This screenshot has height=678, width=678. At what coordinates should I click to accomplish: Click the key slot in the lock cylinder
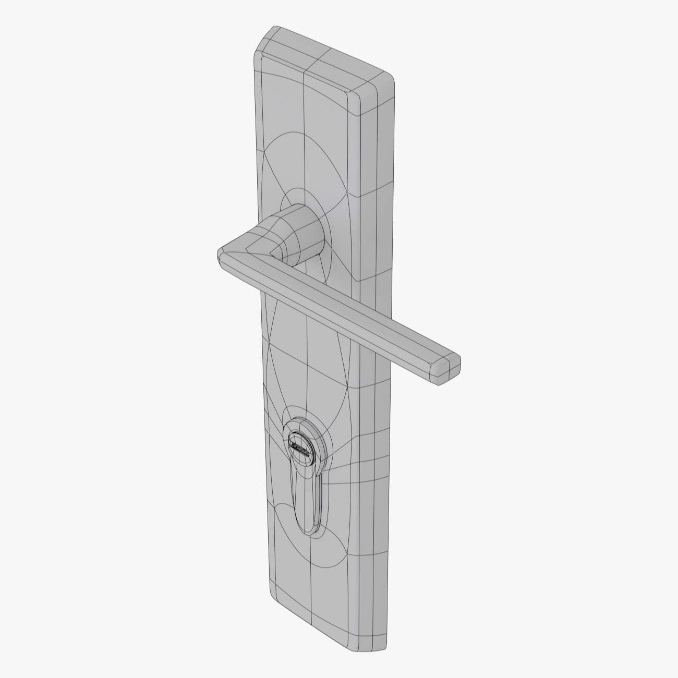(299, 448)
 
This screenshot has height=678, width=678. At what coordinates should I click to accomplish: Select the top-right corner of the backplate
(389, 78)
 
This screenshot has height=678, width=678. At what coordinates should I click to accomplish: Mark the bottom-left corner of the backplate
(276, 600)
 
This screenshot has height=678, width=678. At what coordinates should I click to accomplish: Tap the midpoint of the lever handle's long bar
(355, 313)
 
